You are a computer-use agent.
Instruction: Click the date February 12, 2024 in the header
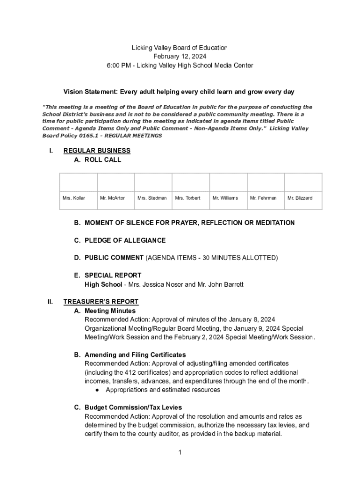pyautogui.click(x=180, y=57)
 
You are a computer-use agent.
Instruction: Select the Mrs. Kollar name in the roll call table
pyautogui.click(x=74, y=198)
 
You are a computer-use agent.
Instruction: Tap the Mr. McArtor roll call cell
pyautogui.click(x=112, y=198)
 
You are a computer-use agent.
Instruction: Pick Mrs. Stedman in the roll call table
pyautogui.click(x=152, y=198)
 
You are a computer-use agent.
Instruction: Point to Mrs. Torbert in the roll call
pyautogui.click(x=187, y=198)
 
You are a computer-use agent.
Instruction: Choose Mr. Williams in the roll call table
pyautogui.click(x=225, y=198)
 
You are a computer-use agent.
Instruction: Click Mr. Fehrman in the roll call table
pyautogui.click(x=263, y=198)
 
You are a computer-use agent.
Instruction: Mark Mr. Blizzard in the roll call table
pyautogui.click(x=300, y=198)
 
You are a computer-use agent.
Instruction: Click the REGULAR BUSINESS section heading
pyautogui.click(x=97, y=151)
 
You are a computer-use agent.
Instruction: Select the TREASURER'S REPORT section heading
pyautogui.click(x=101, y=302)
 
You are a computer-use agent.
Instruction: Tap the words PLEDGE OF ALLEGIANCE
pyautogui.click(x=125, y=240)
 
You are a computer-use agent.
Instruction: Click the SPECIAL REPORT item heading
pyautogui.click(x=113, y=276)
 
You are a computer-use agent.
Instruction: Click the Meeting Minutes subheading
pyautogui.click(x=110, y=311)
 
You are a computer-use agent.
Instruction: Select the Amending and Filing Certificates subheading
pyautogui.click(x=135, y=355)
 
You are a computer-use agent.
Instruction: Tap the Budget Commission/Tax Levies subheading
pyautogui.click(x=133, y=407)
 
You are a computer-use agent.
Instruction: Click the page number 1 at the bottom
pyautogui.click(x=180, y=452)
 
